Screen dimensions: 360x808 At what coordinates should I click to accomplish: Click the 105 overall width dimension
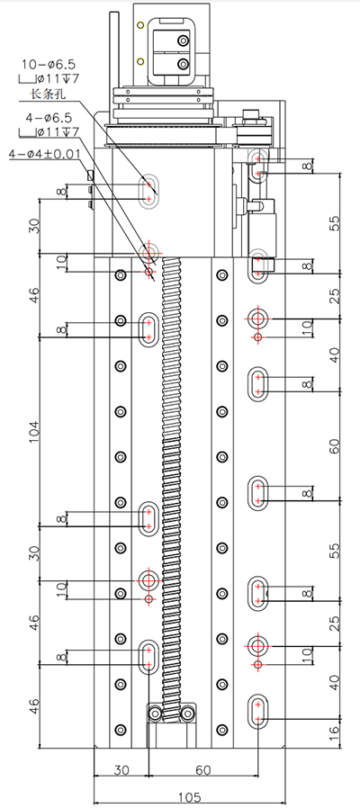coord(189,797)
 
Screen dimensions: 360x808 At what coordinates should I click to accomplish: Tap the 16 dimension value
coord(334,731)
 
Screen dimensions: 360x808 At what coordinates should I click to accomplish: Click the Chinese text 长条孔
coord(49,94)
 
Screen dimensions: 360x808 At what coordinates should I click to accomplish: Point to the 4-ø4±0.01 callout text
coord(44,154)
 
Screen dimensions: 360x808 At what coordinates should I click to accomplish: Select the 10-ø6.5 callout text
coord(48,65)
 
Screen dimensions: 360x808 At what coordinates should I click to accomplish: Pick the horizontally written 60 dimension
coord(203,770)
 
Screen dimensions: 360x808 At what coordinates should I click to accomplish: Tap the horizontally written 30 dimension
coord(121,770)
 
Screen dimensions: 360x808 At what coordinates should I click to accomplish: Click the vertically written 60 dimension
coord(334,446)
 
